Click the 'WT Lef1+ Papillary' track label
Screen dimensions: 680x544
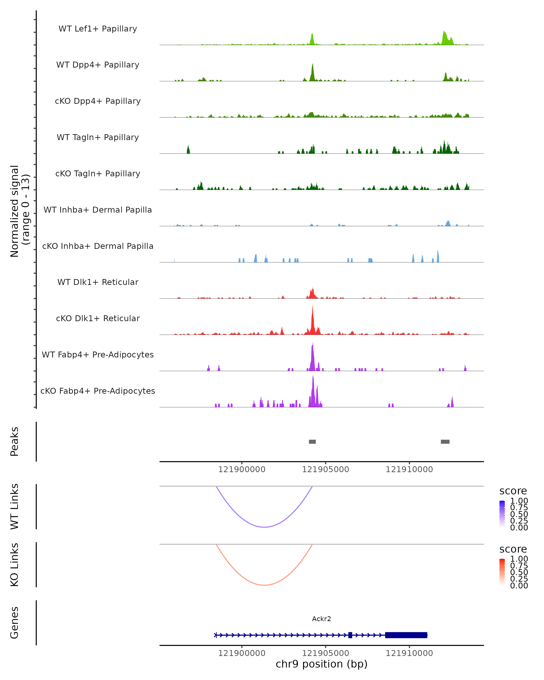(98, 29)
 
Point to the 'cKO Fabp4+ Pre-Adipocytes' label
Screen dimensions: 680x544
(98, 391)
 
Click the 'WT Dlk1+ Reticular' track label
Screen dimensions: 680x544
(98, 282)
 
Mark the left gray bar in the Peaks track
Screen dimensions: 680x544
(312, 442)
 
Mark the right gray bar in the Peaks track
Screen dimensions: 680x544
(445, 442)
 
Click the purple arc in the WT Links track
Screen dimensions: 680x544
(264, 527)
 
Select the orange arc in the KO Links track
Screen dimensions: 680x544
(264, 585)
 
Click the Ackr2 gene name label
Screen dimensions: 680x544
(321, 619)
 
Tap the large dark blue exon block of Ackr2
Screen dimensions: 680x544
(406, 635)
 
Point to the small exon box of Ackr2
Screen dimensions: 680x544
(350, 635)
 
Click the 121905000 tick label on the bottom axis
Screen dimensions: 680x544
(325, 653)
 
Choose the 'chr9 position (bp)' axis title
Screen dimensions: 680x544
(321, 664)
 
